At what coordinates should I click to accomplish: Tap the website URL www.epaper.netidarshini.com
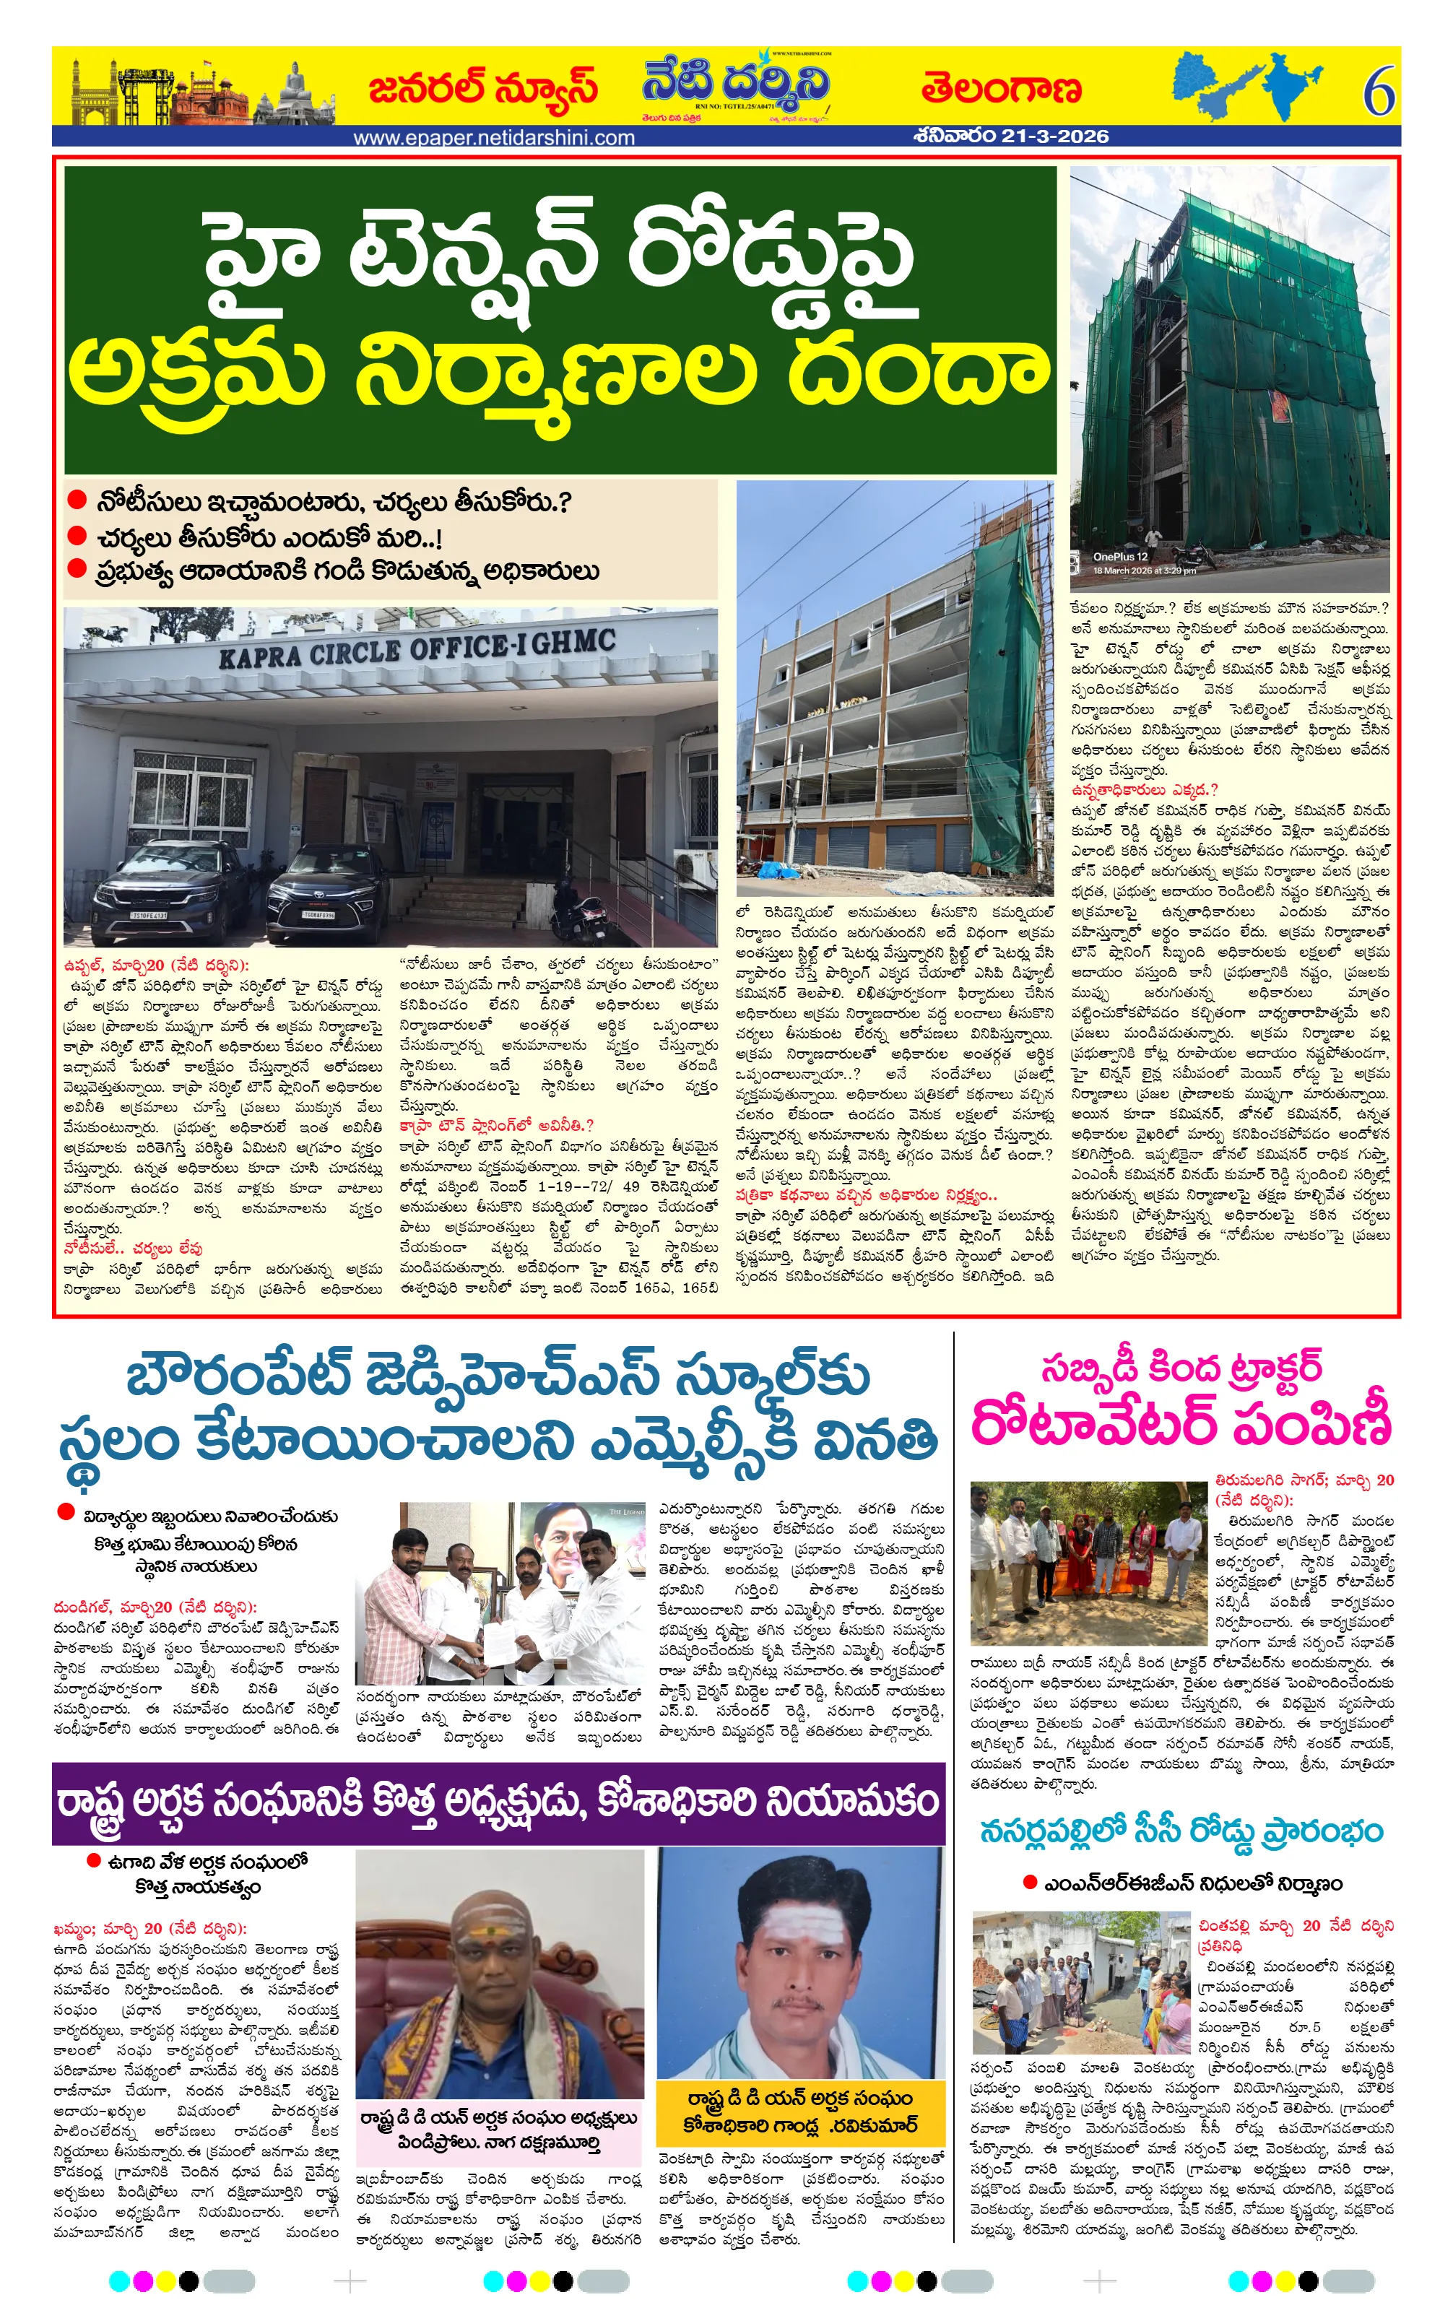(x=494, y=137)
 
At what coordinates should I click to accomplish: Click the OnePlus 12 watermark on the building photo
(x=1120, y=557)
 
